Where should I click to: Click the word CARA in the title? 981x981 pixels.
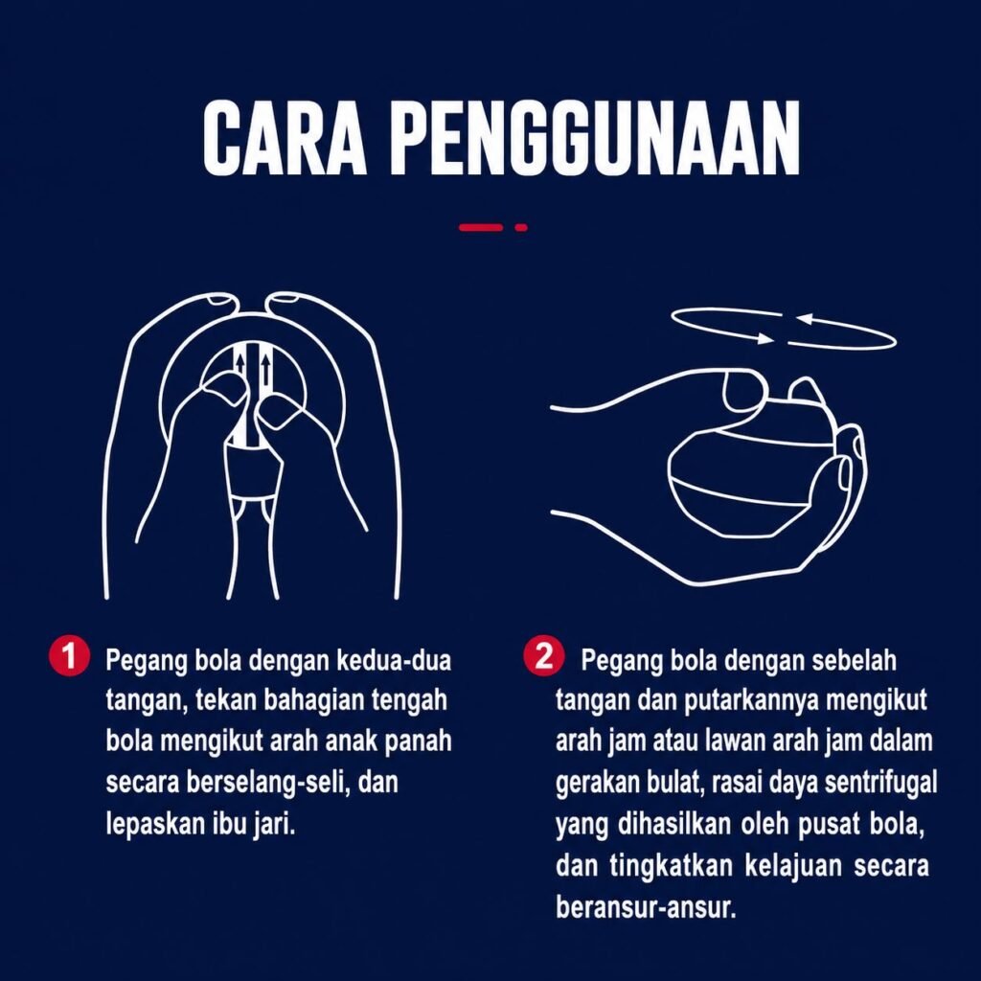[x=285, y=138]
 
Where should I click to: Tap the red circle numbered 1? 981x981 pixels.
[x=69, y=656]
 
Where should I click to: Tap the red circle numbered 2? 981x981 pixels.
[x=543, y=656]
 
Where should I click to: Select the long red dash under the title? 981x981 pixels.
[x=481, y=227]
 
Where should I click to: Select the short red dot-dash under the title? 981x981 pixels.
[x=521, y=227]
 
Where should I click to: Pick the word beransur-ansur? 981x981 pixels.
[x=645, y=906]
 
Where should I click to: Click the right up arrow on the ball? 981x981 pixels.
[x=266, y=371]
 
